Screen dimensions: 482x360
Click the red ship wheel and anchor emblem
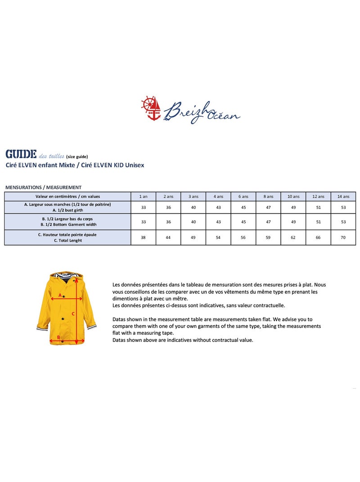coord(151,108)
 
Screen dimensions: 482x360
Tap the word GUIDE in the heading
coord(21,155)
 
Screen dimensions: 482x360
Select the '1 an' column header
coord(143,196)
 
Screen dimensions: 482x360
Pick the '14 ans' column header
coord(343,196)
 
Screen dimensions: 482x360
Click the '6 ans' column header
coord(243,196)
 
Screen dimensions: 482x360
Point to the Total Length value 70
coord(343,237)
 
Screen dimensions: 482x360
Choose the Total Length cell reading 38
coord(143,237)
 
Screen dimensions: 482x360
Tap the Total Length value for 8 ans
coord(268,237)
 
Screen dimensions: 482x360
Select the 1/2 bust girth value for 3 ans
coord(193,207)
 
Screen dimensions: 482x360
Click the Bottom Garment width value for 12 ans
coord(318,222)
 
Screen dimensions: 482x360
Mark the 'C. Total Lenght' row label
coord(67,241)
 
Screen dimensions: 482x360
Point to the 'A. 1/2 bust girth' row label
coord(67,210)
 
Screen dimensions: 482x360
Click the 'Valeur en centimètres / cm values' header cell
coord(67,196)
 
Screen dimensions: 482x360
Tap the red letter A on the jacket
coord(60,296)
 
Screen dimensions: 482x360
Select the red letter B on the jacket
coord(58,337)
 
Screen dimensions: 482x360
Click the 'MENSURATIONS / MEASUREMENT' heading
coord(43,187)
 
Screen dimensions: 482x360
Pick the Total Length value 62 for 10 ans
coord(293,237)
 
